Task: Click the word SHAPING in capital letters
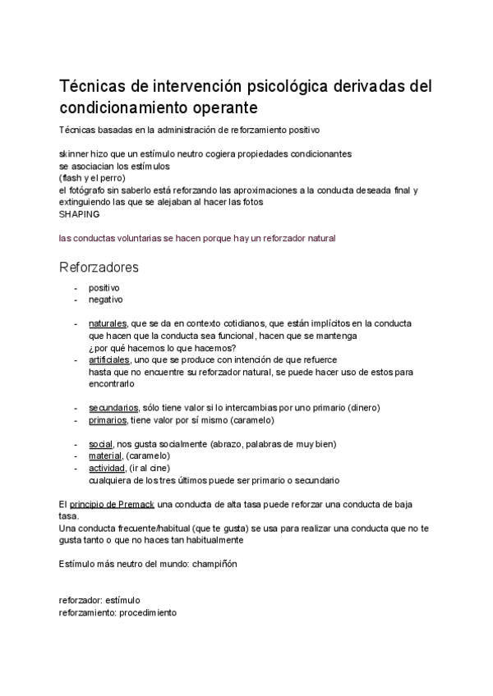[79, 213]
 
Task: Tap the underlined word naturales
[108, 323]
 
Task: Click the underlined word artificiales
[109, 359]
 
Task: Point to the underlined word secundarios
[113, 407]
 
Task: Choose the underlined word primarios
[108, 419]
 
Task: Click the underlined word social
[100, 444]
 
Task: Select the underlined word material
[104, 456]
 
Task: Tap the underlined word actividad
[106, 468]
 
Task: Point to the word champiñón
[214, 564]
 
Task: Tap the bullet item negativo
[106, 300]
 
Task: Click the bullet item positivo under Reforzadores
[104, 287]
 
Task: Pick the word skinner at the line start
[74, 153]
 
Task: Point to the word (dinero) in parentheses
[362, 407]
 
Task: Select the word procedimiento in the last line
[147, 613]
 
